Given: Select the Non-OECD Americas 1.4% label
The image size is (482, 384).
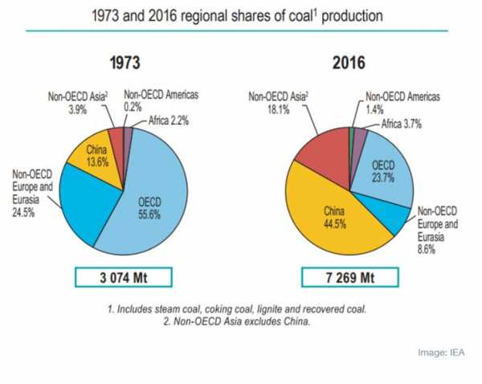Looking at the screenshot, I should tap(399, 100).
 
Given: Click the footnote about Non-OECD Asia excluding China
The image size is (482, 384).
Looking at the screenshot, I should tap(240, 324).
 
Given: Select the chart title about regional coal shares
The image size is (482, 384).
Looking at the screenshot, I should tap(240, 15).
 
